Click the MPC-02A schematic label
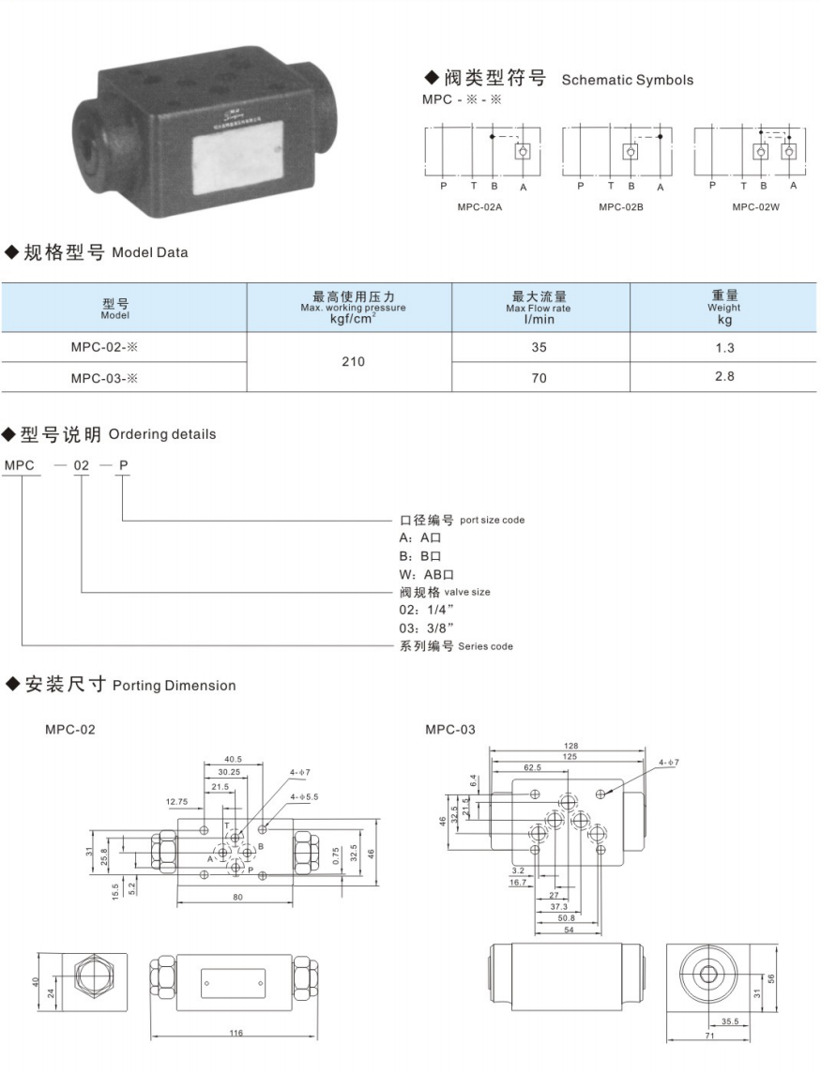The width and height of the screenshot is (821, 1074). point(480,207)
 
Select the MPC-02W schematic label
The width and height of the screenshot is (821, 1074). point(755,207)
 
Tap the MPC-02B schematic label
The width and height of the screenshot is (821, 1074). point(620,207)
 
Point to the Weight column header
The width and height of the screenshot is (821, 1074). point(723,307)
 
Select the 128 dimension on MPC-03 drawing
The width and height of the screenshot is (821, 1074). point(571,746)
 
